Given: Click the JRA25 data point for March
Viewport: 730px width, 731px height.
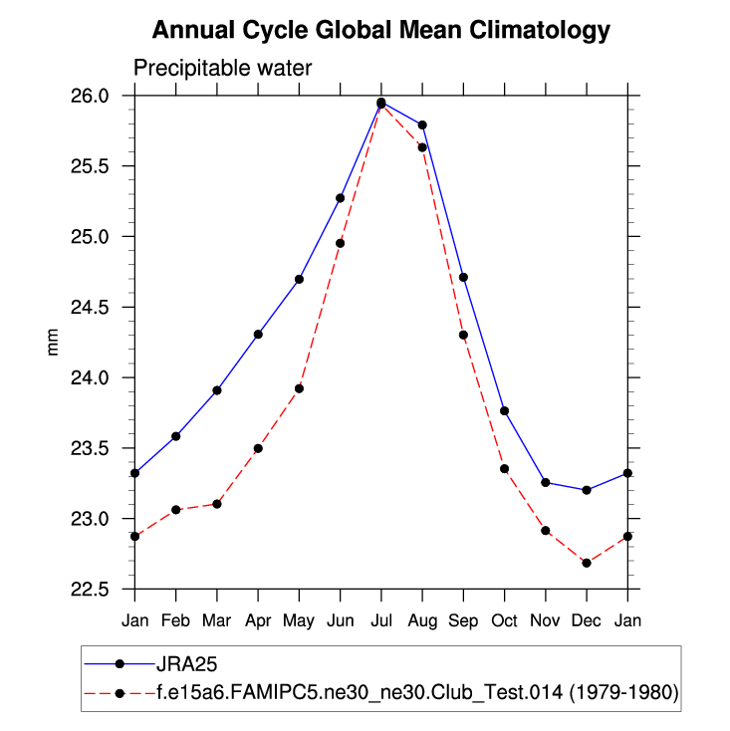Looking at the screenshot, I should pyautogui.click(x=217, y=390).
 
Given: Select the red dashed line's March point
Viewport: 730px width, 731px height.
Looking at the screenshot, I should pyautogui.click(x=217, y=504).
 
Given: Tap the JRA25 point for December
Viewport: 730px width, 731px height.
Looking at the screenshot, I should pyautogui.click(x=587, y=490).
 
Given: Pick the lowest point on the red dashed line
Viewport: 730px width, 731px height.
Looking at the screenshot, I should pyautogui.click(x=587, y=563).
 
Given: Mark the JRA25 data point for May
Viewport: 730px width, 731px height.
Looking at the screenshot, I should pyautogui.click(x=299, y=279).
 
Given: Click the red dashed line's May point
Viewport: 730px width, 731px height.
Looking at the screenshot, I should pyautogui.click(x=299, y=388).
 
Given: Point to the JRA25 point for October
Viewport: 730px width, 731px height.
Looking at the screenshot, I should pyautogui.click(x=504, y=411).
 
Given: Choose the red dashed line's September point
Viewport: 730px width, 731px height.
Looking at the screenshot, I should pyautogui.click(x=463, y=335).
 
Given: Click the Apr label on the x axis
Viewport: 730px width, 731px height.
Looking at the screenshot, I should pyautogui.click(x=258, y=620).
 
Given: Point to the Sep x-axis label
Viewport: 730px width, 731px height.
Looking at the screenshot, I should pyautogui.click(x=463, y=620).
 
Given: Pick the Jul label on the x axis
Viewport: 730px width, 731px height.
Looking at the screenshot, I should pyautogui.click(x=380, y=620).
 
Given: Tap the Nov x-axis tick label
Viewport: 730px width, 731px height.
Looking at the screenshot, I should pyautogui.click(x=546, y=620).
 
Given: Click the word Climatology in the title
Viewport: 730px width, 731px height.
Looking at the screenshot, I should pyautogui.click(x=532, y=31).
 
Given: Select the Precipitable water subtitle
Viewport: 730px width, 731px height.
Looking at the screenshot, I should pyautogui.click(x=223, y=69).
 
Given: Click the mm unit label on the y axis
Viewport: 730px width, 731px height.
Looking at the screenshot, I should pyautogui.click(x=55, y=343).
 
